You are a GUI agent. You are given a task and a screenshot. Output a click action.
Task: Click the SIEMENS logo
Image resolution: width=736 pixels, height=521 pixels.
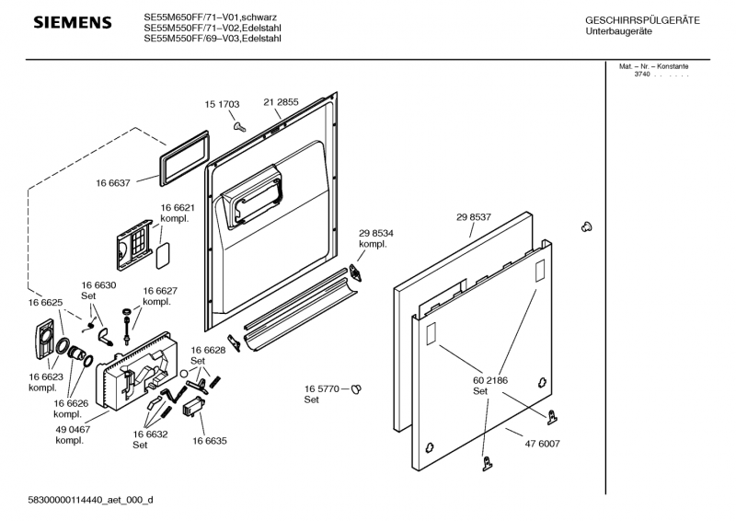click(x=73, y=22)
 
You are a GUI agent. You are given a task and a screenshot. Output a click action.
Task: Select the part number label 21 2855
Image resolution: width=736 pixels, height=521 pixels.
click(x=281, y=102)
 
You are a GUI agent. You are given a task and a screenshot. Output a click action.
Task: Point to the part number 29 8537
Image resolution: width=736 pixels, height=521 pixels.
click(x=473, y=217)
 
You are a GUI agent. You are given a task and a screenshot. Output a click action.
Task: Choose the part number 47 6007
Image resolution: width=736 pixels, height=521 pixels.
click(x=541, y=443)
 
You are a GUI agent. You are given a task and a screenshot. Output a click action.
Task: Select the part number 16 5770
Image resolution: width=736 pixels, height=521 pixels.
click(x=322, y=389)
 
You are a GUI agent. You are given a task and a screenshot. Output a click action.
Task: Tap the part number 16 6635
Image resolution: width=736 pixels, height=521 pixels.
click(x=210, y=441)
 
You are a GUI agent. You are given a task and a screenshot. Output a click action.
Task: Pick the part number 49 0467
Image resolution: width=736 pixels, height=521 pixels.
click(x=73, y=429)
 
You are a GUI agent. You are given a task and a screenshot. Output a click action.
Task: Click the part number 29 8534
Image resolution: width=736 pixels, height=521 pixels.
click(x=376, y=234)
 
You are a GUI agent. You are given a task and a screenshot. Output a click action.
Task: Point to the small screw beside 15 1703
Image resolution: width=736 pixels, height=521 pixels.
click(x=238, y=125)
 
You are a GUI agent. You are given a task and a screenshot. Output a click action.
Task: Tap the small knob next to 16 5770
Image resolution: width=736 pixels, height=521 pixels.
click(x=357, y=389)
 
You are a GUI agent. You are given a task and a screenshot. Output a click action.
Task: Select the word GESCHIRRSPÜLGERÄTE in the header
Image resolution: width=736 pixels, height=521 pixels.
click(x=642, y=20)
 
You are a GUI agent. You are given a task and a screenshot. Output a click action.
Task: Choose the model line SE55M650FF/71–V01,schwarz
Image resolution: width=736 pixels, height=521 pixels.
click(x=212, y=17)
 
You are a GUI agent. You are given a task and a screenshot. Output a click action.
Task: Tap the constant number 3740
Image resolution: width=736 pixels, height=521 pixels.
click(x=641, y=74)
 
